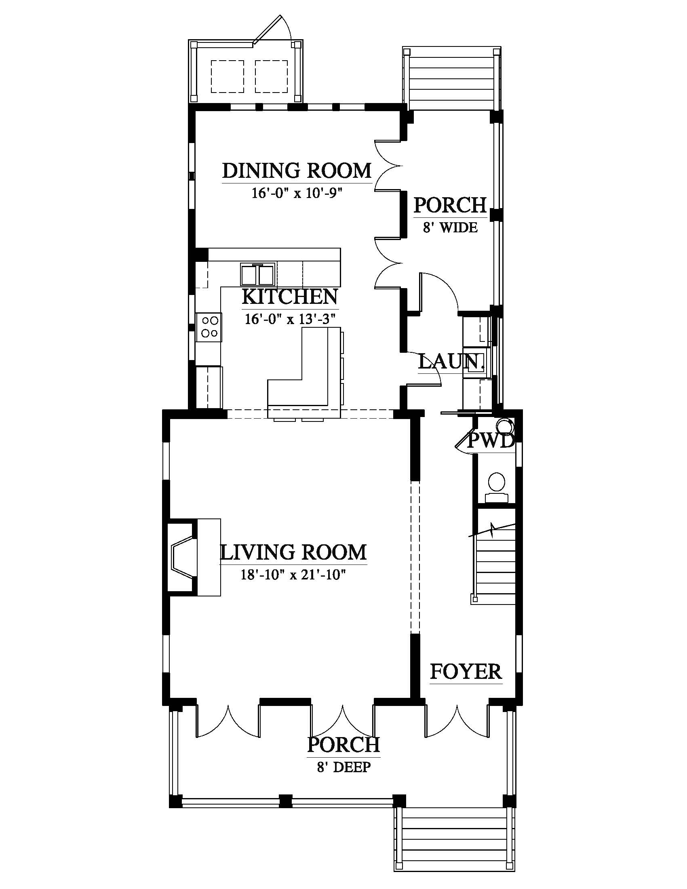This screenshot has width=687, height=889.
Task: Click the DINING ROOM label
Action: (x=297, y=171)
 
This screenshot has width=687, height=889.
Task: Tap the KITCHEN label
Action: (x=290, y=297)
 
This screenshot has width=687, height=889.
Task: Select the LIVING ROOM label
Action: (x=293, y=552)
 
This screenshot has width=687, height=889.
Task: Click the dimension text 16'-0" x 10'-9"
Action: (x=296, y=192)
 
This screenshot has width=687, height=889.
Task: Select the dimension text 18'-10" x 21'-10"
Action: (x=293, y=575)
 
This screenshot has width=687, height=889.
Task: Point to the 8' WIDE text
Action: (x=451, y=227)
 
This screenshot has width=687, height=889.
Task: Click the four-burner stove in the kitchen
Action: (x=209, y=327)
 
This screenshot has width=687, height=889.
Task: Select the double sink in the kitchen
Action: (x=258, y=274)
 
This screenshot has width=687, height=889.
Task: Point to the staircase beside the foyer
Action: (x=495, y=563)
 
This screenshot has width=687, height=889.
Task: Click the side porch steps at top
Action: (x=452, y=78)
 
